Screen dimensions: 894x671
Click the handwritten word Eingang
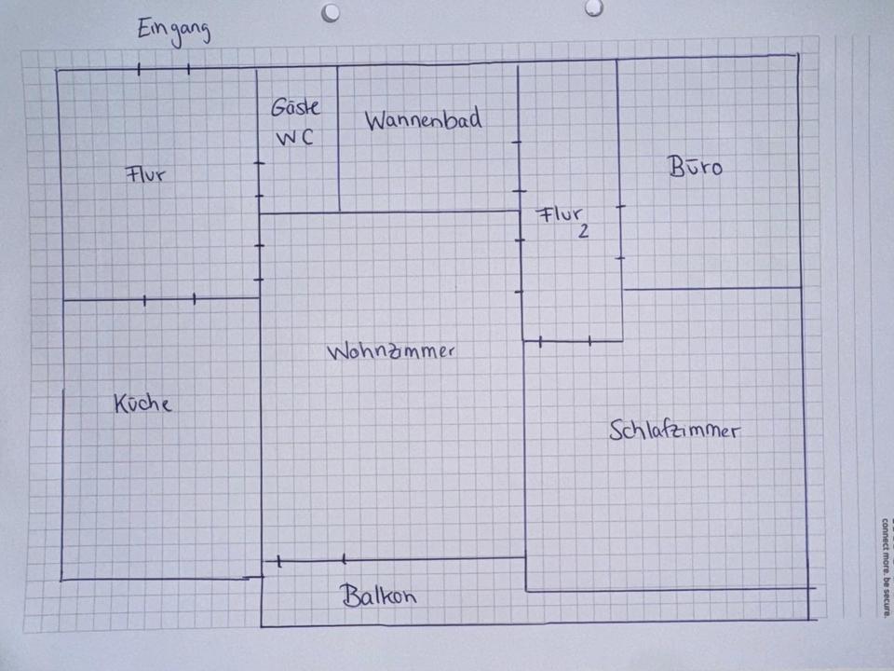pos(173,30)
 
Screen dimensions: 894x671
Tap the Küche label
pos(142,404)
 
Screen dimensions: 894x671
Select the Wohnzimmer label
pos(391,352)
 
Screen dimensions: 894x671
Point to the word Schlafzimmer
pos(675,431)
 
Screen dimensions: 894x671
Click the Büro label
pos(695,168)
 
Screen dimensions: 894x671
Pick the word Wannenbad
pos(424,120)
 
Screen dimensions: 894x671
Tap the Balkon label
pos(378,596)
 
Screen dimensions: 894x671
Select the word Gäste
pos(295,108)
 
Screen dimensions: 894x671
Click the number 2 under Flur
pos(583,232)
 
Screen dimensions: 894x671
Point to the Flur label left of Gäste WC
pos(146,173)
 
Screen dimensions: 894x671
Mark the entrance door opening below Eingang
pos(163,68)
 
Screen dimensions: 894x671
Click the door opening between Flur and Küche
pos(169,299)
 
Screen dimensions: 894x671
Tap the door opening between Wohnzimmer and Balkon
pos(310,560)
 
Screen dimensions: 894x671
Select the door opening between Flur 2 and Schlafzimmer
pos(564,341)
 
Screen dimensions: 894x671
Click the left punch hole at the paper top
pos(331,12)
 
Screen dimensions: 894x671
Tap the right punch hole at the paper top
pos(593,7)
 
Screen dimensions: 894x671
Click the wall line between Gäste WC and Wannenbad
pos(338,140)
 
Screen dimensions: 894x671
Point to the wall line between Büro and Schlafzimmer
pos(712,288)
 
